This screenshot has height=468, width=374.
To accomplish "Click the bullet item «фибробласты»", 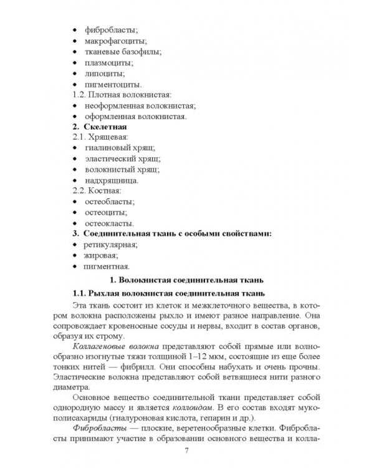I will click(110, 29).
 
